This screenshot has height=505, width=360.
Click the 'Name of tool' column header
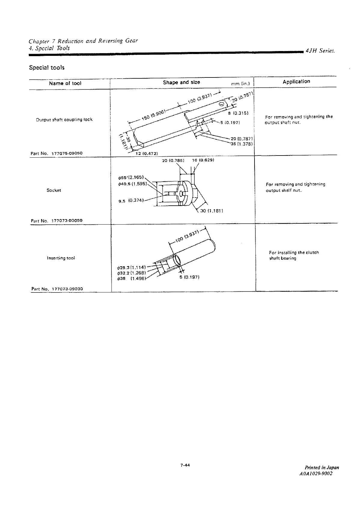coord(65,83)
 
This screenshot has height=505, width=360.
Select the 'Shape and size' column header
coord(181,82)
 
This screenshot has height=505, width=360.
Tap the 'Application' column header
coord(296,81)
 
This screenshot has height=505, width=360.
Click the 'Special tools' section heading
coord(47,68)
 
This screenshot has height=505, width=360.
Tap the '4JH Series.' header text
coord(320,51)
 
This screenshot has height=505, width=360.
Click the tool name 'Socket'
coord(54,190)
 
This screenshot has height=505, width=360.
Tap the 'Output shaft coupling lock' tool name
coord(64,119)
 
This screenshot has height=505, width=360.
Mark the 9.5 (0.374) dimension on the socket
coord(131,201)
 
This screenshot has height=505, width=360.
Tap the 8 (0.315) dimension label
coord(238,113)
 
